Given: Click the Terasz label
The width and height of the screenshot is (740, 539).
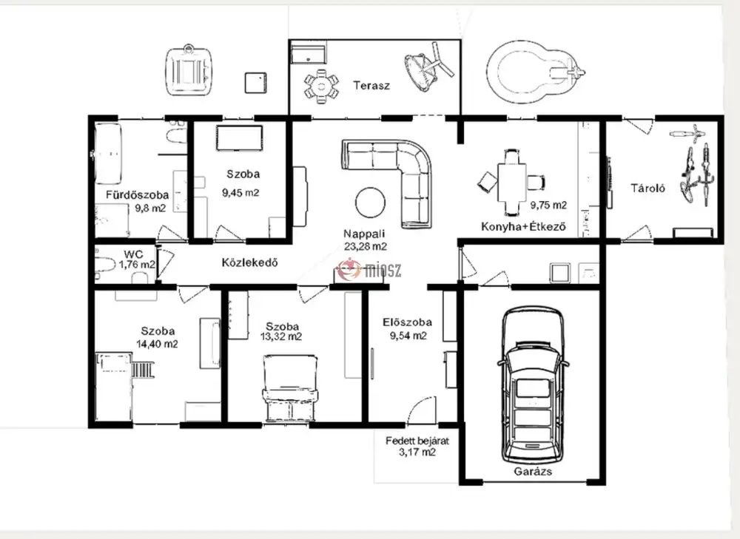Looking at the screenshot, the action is (x=371, y=86).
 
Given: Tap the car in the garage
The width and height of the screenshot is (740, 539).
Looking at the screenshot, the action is (x=533, y=384).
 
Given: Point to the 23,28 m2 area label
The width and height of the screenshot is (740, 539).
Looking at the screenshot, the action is (x=366, y=246).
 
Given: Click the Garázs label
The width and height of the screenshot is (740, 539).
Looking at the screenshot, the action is (x=533, y=471).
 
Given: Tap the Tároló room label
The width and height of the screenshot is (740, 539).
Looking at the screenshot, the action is (x=648, y=188).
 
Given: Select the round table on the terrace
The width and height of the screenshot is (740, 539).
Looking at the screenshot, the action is (x=322, y=86).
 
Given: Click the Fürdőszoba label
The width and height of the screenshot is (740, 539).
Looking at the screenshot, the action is (x=137, y=194).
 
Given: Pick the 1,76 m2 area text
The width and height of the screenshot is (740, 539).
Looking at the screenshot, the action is (x=137, y=265).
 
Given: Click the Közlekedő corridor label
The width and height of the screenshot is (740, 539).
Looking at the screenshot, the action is (x=249, y=262).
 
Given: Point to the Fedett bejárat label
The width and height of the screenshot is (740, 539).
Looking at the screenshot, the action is (x=417, y=441).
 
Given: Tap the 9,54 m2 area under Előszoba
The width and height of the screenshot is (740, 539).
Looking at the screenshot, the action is (x=408, y=336).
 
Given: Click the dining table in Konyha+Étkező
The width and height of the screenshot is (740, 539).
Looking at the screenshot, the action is (x=512, y=182).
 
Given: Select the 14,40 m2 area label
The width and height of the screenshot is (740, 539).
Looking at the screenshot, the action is (x=157, y=344).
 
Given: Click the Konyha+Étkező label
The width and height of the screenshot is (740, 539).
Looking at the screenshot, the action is (x=523, y=227).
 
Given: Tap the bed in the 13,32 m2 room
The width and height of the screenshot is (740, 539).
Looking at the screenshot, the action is (x=290, y=389).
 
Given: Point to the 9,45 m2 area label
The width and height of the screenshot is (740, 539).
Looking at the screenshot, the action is (x=240, y=193).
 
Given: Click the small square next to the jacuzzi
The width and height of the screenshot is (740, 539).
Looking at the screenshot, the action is (x=255, y=83).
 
